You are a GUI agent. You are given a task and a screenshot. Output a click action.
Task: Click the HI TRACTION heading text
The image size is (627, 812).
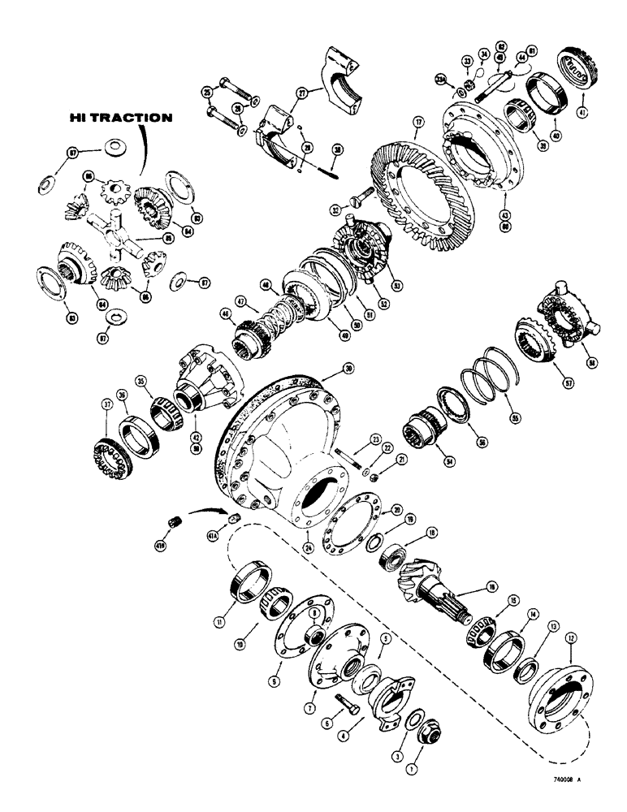click(x=119, y=118)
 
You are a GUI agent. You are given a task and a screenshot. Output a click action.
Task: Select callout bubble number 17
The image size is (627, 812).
click(x=419, y=125)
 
